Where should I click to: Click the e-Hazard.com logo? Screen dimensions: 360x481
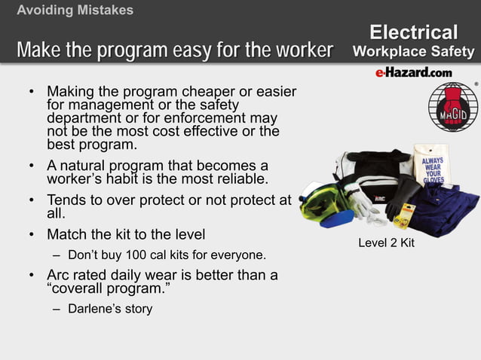point(413,72)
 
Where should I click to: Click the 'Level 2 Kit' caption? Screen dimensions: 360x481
point(385,243)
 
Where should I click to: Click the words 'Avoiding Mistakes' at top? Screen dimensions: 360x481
point(75,10)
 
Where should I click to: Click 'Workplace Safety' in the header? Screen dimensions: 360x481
point(414,51)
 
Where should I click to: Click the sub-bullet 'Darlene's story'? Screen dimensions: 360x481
point(110,309)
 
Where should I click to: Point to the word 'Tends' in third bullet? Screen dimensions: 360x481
point(67,200)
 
